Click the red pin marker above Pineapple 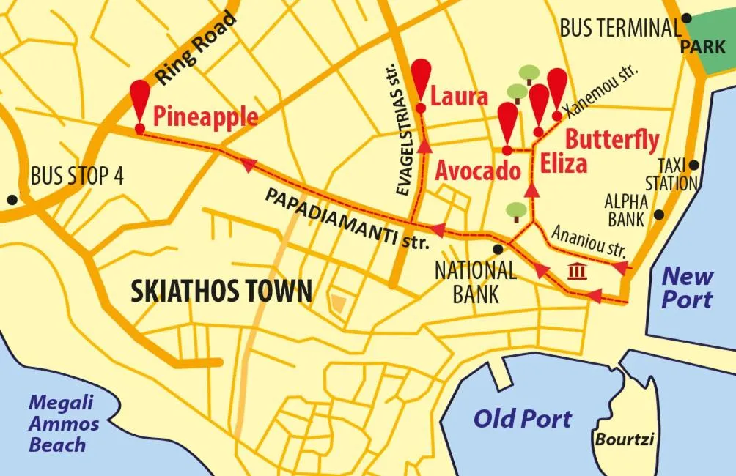coord(139,98)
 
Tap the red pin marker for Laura coord(421,75)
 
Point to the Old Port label coord(522,419)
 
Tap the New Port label coord(688,288)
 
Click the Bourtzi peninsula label coord(624,440)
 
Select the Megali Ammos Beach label coord(64,423)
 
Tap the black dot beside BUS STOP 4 coord(12,199)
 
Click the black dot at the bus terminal coord(686,18)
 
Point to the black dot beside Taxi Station coord(694,166)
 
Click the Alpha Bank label coord(625,210)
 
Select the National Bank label coord(475,281)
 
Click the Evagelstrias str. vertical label coord(401,139)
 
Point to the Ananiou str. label coord(589,241)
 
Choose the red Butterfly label coord(612,139)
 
